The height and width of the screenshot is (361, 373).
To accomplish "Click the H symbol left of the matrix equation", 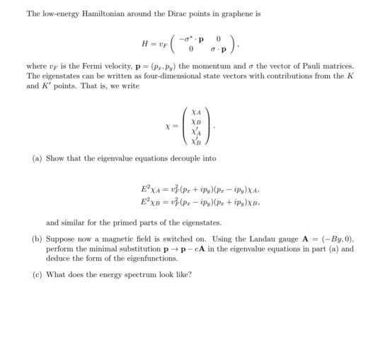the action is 145,43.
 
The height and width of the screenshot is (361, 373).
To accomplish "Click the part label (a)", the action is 37,159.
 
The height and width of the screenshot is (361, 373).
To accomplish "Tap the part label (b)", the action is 37,239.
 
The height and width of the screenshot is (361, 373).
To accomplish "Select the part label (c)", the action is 37,274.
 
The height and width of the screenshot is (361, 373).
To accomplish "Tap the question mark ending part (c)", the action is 190,274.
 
